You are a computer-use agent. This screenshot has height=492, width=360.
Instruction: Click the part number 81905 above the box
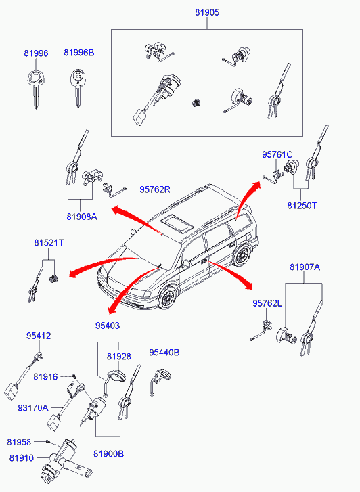point(207,12)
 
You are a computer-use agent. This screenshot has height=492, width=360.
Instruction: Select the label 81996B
point(79,52)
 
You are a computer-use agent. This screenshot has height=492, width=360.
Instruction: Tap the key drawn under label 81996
point(35,89)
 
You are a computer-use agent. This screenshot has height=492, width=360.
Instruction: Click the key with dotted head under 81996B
point(78,87)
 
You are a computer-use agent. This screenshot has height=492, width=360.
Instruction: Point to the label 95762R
point(155,189)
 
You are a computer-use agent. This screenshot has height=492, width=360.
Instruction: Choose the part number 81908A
point(82,217)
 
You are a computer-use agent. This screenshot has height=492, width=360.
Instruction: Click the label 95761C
point(277,154)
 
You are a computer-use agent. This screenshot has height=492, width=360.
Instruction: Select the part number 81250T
point(302,206)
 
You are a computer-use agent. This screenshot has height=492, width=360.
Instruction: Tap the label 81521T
point(49,242)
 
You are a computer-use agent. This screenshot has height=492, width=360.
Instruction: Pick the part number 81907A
point(305,267)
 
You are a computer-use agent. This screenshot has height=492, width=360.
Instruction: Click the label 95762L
point(267,303)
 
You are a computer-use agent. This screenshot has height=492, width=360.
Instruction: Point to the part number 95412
point(39,336)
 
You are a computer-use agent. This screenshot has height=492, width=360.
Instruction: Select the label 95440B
point(164,353)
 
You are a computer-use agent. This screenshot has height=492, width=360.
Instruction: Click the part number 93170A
point(33,408)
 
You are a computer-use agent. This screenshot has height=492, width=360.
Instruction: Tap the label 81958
point(19,442)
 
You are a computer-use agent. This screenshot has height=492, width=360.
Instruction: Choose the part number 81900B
point(108,453)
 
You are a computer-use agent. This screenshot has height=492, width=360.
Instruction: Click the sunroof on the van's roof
point(177,223)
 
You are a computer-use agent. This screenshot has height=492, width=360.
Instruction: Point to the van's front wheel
point(168,297)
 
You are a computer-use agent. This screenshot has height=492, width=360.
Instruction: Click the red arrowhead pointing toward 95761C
point(256,185)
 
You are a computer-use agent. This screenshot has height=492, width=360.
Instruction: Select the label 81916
point(45,376)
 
